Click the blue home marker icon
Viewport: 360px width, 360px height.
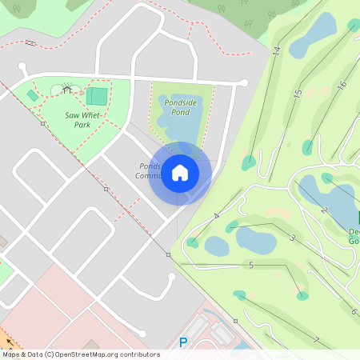tap(180, 173)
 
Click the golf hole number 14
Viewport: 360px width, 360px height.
tap(276, 51)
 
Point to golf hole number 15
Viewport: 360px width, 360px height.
tap(297, 94)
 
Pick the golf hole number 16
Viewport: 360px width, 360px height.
tap(342, 85)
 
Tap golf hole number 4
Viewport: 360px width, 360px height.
tap(217, 216)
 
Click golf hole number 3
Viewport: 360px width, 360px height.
tap(293, 238)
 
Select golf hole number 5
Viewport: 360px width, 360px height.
tap(251, 265)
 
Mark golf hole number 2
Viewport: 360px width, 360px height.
tap(324, 210)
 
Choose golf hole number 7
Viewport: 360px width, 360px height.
tap(316, 340)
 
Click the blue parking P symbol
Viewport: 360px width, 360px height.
tap(183, 342)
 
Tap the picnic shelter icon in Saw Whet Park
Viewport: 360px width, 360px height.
tap(66, 89)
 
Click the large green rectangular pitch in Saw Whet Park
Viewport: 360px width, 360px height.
tap(97, 96)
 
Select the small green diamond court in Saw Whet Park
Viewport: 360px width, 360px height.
tap(32, 95)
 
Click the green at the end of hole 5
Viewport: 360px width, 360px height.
tap(302, 296)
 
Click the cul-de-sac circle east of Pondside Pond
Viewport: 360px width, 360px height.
tap(244, 82)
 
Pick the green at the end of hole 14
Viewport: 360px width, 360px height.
tap(249, 162)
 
